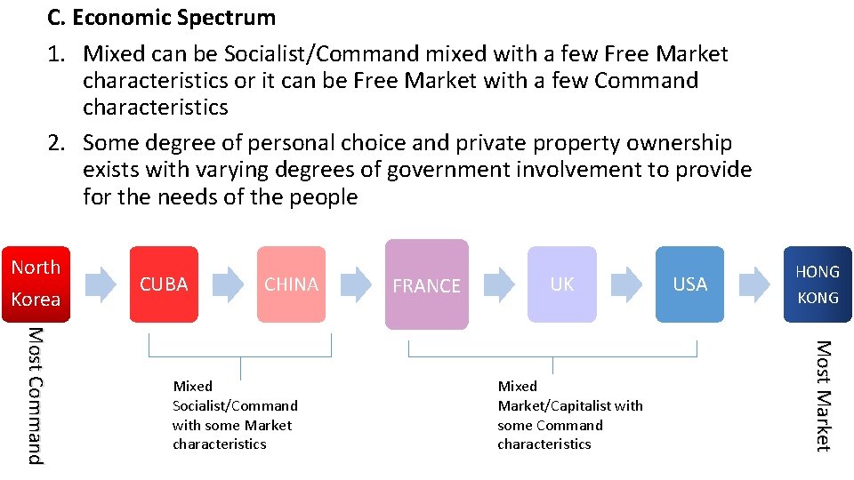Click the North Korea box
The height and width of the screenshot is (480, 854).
click(36, 283)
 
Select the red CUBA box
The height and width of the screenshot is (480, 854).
click(165, 284)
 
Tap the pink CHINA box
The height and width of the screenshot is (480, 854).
click(291, 284)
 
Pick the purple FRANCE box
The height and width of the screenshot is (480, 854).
click(427, 284)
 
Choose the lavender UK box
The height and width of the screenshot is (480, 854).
click(561, 284)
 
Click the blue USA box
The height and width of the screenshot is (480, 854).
click(689, 284)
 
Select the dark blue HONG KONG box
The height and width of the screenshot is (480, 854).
click(818, 284)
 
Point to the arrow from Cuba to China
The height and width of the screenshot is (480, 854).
click(230, 284)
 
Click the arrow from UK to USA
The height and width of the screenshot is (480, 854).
click(628, 284)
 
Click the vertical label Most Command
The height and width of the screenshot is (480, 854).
click(34, 396)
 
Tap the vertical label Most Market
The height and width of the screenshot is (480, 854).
click(823, 396)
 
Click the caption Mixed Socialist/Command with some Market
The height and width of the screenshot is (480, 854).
click(235, 415)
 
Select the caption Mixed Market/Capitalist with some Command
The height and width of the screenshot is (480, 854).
click(570, 415)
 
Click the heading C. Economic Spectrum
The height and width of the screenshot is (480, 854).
click(162, 17)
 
